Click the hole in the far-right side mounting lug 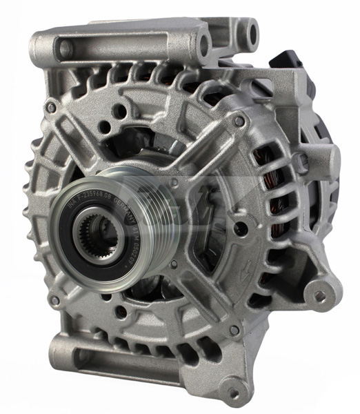pos(319,296)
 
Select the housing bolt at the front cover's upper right pos(238,121)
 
